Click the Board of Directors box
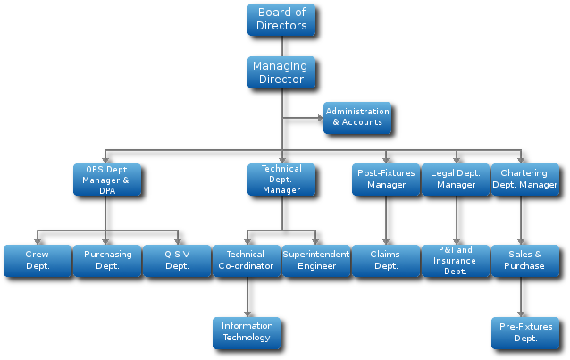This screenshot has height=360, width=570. (x=281, y=19)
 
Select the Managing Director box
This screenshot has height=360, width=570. (x=281, y=72)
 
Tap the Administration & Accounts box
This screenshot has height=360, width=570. (x=357, y=117)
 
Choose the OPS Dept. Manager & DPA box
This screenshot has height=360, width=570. (x=107, y=179)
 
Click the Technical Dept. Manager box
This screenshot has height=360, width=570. (x=281, y=179)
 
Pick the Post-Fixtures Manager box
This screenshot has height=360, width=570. (x=386, y=179)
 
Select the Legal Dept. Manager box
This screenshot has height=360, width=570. (x=456, y=179)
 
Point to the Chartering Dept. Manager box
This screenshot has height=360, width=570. (x=525, y=179)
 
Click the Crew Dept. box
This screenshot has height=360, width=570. (x=38, y=260)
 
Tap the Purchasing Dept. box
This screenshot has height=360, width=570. (x=107, y=260)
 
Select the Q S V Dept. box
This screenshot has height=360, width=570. (x=177, y=260)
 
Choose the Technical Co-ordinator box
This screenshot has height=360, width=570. (x=247, y=260)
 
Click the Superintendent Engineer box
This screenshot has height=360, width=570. (x=316, y=260)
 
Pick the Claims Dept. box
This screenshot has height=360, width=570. (x=386, y=260)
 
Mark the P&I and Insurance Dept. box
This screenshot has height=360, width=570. (x=456, y=260)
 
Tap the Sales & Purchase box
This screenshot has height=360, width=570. (x=525, y=260)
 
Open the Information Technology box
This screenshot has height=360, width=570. (x=247, y=332)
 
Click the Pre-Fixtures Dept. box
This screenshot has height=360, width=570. (x=525, y=332)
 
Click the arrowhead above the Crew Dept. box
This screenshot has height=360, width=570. (x=38, y=240)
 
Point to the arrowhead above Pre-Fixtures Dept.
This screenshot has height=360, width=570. (x=521, y=314)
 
